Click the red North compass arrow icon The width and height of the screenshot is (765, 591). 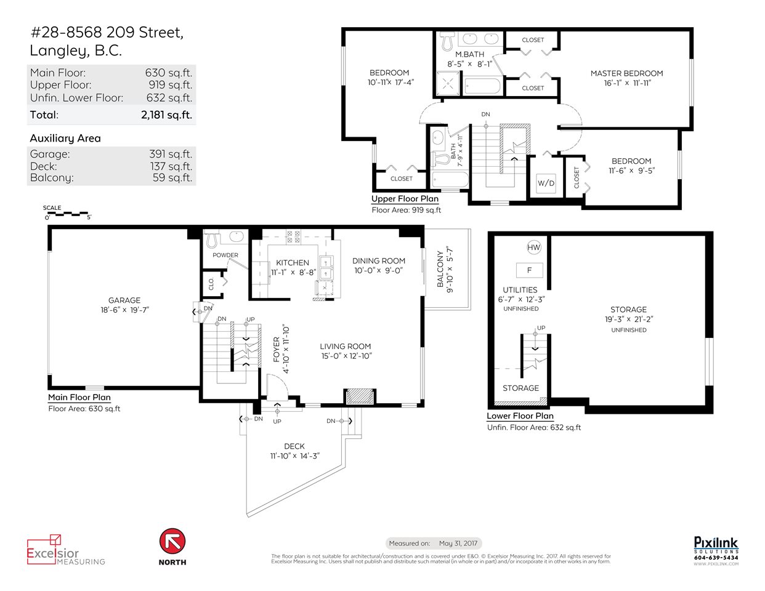coord(172,541)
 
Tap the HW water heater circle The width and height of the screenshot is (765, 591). coord(533,247)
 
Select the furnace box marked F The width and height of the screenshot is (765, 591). coord(529,270)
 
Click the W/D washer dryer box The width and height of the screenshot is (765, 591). coord(546,183)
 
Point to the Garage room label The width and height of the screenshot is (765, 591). coord(124,300)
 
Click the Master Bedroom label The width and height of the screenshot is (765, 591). coord(626,73)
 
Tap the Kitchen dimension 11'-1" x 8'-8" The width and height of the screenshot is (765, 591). coord(293,272)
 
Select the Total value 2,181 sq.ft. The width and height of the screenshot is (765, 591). coord(166,115)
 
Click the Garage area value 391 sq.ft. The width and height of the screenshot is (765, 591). coord(171,154)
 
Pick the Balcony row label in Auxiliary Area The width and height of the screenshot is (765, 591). coord(52,178)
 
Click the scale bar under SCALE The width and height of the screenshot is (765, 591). coord(67,214)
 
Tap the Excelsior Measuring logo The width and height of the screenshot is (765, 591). coord(66,550)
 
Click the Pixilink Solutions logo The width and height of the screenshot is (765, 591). coord(716,551)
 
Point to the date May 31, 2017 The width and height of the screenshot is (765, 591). coord(458,544)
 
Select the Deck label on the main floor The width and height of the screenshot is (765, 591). coord(294,446)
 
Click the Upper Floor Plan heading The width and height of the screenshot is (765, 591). coord(405,198)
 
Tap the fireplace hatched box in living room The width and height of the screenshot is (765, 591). coord(360,396)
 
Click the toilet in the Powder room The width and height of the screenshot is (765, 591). coord(211,239)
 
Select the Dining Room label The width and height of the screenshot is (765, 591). coord(378,260)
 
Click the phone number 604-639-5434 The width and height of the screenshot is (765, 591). coord(716,558)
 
